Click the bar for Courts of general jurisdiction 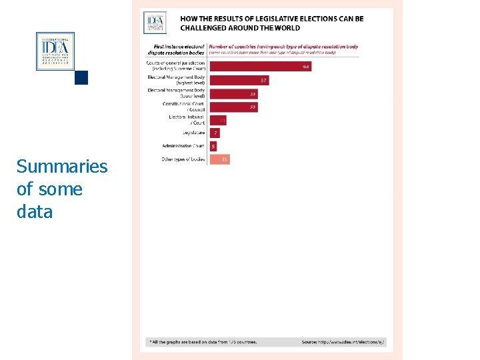point(260,66)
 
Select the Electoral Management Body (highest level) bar point(239,80)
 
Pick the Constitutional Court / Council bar point(233,107)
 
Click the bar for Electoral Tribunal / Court point(218,120)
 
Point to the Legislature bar point(215,133)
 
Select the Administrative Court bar point(213,146)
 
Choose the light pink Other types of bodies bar point(219,159)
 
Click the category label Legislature point(193,133)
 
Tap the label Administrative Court point(183,146)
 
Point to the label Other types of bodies point(183,159)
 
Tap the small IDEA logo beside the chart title point(154,22)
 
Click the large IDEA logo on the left point(55,51)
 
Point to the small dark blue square point(81,77)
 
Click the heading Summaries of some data point(61,189)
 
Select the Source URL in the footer point(343,342)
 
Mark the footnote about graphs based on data point(203,342)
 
